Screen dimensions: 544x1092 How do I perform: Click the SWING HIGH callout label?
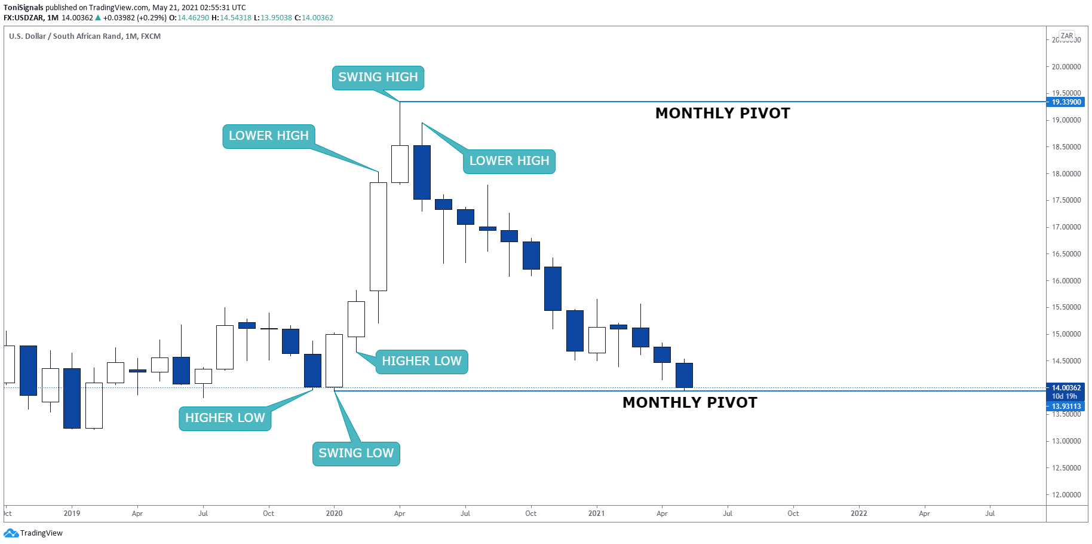[x=378, y=78]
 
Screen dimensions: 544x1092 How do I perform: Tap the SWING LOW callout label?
[x=356, y=454]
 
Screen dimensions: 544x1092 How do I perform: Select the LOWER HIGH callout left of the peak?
[x=269, y=136]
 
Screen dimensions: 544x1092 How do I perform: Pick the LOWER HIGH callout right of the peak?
[x=509, y=161]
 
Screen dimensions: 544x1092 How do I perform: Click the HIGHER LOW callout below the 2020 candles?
[x=225, y=418]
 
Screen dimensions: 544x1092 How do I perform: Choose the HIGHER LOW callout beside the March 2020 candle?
[x=421, y=362]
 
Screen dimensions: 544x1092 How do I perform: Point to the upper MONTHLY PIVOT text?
[x=722, y=114]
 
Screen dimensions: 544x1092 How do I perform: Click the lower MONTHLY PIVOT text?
[x=689, y=403]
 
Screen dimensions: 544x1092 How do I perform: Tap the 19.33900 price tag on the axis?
[x=1066, y=102]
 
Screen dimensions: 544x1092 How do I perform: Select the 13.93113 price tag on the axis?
[x=1066, y=407]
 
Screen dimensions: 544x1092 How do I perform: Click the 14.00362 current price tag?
[x=1066, y=388]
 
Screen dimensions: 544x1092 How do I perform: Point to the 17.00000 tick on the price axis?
[x=1066, y=227]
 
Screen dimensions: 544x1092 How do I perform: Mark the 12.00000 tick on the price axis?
[x=1066, y=495]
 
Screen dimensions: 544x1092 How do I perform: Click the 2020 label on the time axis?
[x=334, y=514]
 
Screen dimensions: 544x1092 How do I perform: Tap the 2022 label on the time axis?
[x=858, y=514]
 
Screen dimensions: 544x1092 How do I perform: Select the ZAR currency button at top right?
[x=1067, y=36]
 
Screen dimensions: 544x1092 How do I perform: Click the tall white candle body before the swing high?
[x=378, y=237]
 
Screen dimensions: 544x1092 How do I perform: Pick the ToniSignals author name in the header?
[x=23, y=8]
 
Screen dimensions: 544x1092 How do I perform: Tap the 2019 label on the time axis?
[x=72, y=514]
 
